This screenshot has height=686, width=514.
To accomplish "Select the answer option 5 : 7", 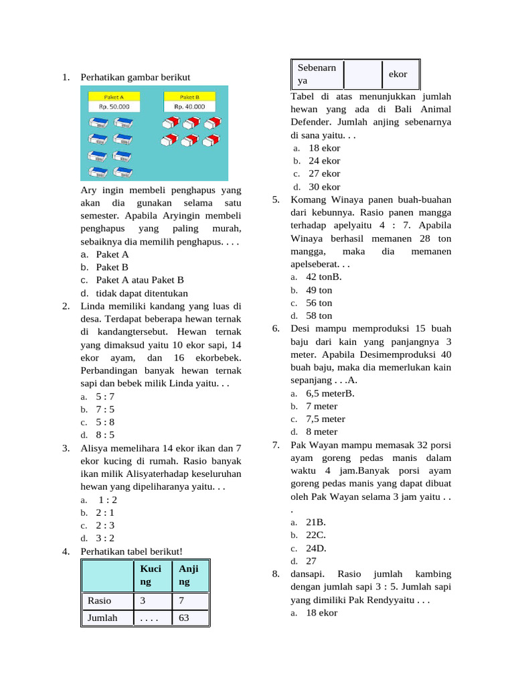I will (105, 397).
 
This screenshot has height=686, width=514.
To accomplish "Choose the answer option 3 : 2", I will (105, 538).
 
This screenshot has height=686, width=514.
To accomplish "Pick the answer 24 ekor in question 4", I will (324, 161).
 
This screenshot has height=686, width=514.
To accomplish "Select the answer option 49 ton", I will (319, 290).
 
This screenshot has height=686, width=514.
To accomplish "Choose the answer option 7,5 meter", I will (325, 419).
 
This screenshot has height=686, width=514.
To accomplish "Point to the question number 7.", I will (276, 445).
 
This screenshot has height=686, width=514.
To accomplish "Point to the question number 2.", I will (66, 306).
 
